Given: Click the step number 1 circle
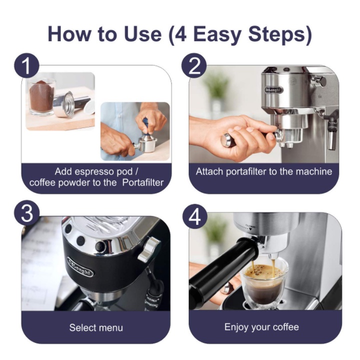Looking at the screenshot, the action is (27, 65).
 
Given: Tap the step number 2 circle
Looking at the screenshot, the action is (194, 65).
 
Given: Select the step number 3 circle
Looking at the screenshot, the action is (27, 213).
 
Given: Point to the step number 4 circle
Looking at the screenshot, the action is (195, 216).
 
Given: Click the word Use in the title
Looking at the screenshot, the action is (142, 34).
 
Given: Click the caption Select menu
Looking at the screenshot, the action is (96, 327).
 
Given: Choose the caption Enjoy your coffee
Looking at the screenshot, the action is (261, 327).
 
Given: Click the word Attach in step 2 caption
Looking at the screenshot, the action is (209, 171).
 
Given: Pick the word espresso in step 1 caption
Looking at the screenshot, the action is (94, 171).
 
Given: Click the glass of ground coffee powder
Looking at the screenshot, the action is (41, 96).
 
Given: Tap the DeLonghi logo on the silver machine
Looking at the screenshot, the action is (273, 90).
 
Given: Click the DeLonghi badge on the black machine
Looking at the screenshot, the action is (80, 266).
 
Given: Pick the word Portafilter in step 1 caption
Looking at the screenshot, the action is (143, 183).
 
